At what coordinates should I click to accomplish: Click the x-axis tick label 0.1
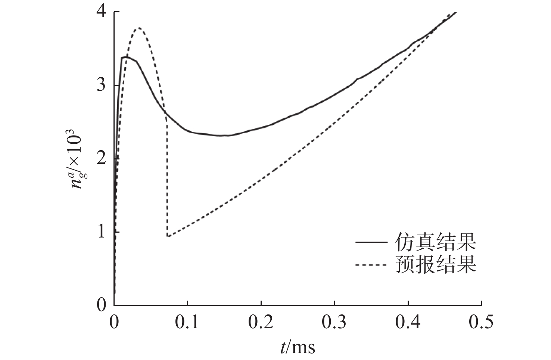coord(187,322)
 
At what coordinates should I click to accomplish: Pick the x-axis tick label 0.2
coord(261,322)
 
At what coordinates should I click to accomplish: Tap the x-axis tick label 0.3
coord(335,322)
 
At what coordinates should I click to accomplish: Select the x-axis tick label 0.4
coord(408,322)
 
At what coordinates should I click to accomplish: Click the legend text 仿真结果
coord(435,243)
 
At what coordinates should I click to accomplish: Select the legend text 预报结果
coord(435,265)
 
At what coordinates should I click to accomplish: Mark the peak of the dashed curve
coord(139,28)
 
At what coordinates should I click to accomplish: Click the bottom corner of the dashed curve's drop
coord(168,236)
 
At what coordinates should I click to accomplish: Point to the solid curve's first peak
coord(126,57)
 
